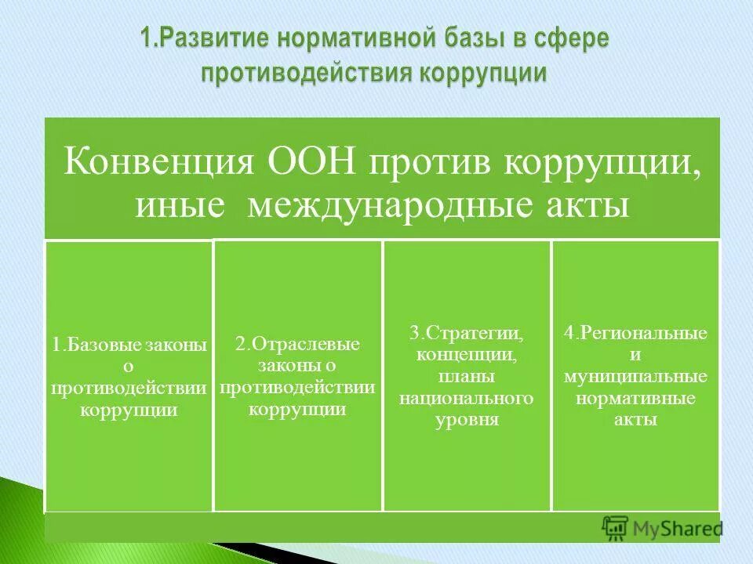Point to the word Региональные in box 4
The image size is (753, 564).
(x=642, y=334)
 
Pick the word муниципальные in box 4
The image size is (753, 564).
(x=635, y=377)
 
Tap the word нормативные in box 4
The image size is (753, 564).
(x=635, y=398)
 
